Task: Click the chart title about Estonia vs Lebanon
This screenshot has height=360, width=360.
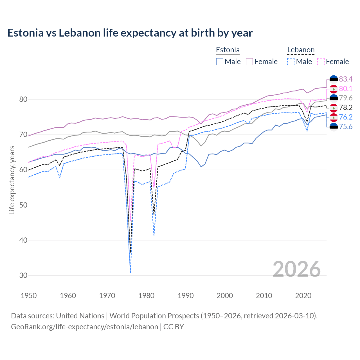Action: point(130,33)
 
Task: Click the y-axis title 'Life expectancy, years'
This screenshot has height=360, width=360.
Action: point(12,180)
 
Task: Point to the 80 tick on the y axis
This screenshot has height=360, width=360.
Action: point(23,100)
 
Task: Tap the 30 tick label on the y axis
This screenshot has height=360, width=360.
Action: point(23,276)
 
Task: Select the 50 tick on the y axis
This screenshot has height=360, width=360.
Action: point(23,205)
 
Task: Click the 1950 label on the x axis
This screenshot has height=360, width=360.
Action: point(29,296)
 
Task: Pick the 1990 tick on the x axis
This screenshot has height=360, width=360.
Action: point(186,296)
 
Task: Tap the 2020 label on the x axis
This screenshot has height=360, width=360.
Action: point(303,296)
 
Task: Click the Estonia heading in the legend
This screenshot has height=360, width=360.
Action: point(228,50)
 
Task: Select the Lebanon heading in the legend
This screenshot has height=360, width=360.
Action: point(301,50)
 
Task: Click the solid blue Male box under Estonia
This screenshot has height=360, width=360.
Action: point(220,62)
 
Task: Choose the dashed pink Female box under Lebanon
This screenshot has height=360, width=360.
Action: point(321,62)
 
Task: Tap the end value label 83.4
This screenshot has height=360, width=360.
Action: point(346,79)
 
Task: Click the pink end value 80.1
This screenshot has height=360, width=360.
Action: point(346,89)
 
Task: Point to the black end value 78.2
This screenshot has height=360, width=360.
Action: point(346,107)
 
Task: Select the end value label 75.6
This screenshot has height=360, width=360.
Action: point(346,127)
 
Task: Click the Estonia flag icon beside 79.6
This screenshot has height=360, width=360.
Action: point(334,98)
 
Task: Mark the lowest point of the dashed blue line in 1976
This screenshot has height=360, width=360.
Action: point(130,272)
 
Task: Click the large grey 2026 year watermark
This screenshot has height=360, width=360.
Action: point(297,269)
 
